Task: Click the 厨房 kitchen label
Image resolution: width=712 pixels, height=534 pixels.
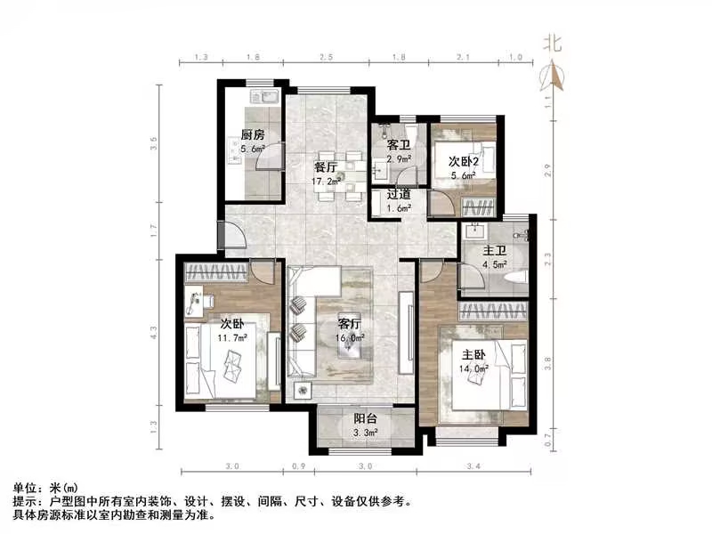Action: tap(253, 135)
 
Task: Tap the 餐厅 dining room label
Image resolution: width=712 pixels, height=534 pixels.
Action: tap(325, 166)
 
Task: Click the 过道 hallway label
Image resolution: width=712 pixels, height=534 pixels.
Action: tap(398, 194)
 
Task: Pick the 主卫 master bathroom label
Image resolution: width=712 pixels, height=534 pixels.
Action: tap(493, 250)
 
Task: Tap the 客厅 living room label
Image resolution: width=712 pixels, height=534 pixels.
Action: tap(350, 325)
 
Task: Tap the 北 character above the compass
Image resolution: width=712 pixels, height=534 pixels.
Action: tap(553, 43)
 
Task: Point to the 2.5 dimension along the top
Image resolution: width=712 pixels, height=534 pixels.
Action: tap(327, 58)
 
